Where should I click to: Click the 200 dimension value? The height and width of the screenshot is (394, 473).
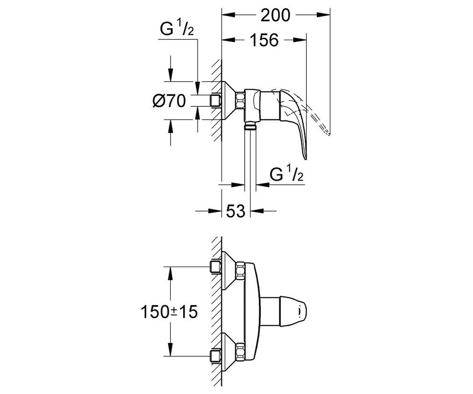275,15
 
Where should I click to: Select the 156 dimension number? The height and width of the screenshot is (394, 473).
264,40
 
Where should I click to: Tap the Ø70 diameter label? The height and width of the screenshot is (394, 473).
169,101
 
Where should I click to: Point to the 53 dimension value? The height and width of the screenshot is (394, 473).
236,211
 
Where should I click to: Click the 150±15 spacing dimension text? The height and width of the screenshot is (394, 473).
169,312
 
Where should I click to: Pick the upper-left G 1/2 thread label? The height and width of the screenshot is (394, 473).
177,28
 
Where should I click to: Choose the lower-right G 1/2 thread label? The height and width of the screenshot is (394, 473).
286,173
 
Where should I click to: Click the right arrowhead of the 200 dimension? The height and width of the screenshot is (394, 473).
323,15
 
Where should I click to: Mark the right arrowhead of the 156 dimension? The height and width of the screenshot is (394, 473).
300,40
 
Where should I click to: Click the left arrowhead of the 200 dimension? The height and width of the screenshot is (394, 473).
228,15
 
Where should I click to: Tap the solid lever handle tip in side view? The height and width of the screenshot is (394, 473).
305,159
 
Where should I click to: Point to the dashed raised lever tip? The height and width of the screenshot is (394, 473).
329,134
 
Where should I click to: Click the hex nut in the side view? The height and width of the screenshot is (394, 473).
240,100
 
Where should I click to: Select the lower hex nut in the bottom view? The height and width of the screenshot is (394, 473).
240,352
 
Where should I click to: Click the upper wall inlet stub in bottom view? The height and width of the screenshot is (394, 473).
216,267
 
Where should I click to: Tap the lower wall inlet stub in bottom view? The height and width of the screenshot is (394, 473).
216,357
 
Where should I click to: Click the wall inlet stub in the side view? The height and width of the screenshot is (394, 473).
216,100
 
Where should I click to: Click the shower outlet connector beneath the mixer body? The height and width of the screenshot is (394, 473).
250,126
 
